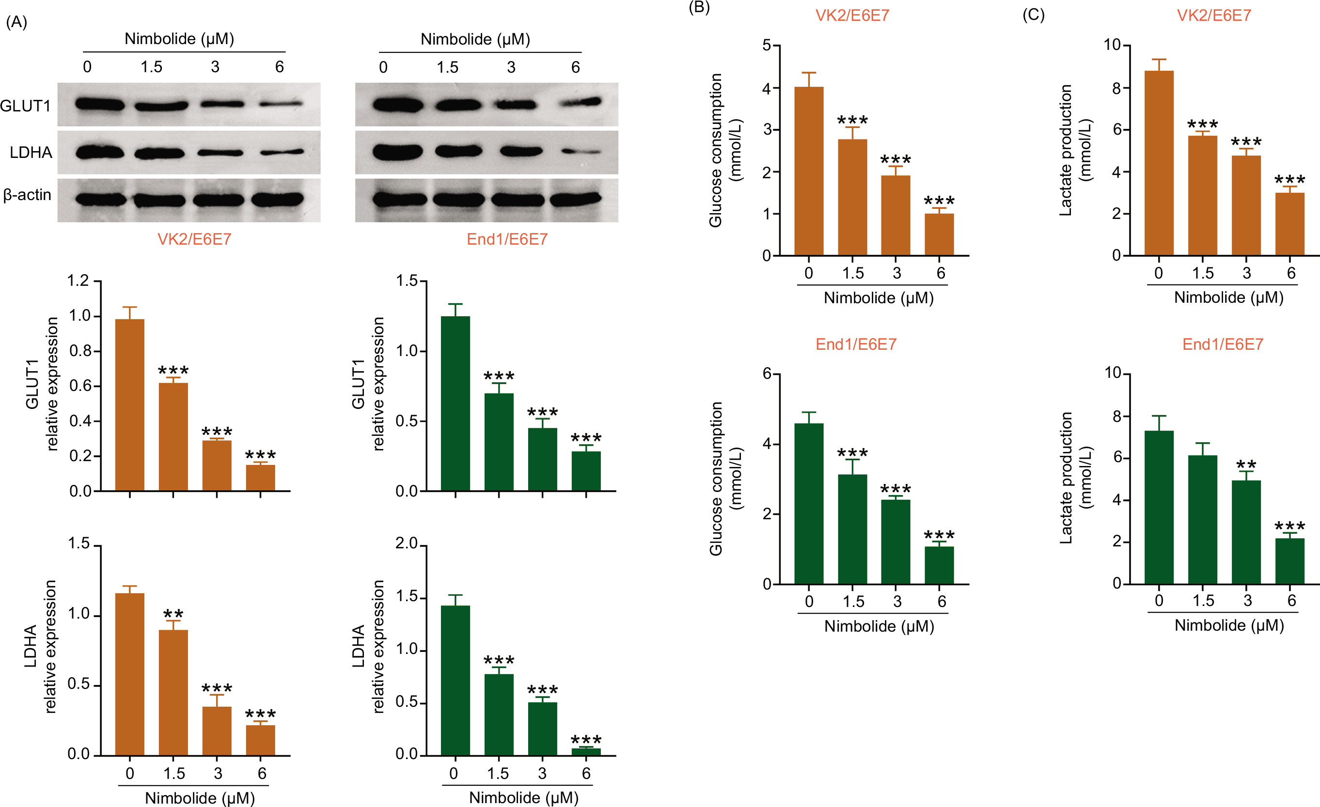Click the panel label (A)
click(x=16, y=22)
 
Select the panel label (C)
click(x=1033, y=15)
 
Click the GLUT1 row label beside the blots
click(x=25, y=106)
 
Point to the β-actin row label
click(x=27, y=195)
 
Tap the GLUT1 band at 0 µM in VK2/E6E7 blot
click(x=100, y=104)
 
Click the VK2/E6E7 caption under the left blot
click(x=194, y=239)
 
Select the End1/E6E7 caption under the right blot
click(x=507, y=239)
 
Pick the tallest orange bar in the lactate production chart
click(x=1159, y=163)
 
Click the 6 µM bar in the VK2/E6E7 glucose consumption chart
click(x=939, y=234)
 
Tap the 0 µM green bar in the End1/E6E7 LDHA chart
click(x=456, y=680)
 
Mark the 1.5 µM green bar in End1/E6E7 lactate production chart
click(x=1202, y=519)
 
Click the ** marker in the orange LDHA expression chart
click(x=173, y=614)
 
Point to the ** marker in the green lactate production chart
click(x=1246, y=464)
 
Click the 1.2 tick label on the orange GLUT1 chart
click(x=78, y=280)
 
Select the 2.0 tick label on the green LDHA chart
click(x=406, y=543)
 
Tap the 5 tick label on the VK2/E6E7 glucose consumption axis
click(x=767, y=46)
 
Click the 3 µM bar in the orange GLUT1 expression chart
click(x=217, y=466)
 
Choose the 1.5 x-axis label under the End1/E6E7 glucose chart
click(x=853, y=601)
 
